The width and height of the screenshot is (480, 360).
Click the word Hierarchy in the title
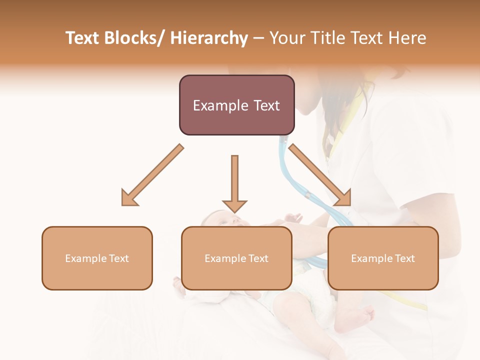pyautogui.click(x=209, y=38)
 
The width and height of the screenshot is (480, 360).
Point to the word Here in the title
pyautogui.click(x=408, y=38)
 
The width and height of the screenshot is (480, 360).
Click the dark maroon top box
pyautogui.click(x=236, y=105)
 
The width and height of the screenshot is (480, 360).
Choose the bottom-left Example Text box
pyautogui.click(x=97, y=258)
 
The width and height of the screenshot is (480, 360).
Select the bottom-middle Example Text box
pyautogui.click(x=236, y=258)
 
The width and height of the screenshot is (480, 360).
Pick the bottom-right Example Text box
pyautogui.click(x=383, y=258)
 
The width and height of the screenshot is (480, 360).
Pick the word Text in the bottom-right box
pyautogui.click(x=404, y=258)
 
